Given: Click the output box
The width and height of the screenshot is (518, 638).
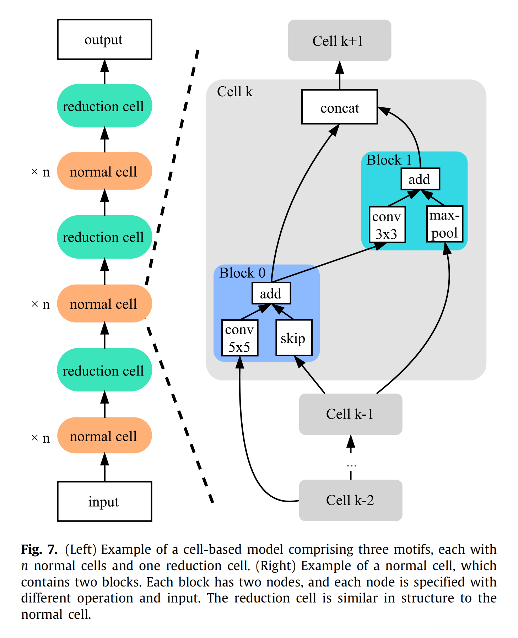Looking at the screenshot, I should (104, 39).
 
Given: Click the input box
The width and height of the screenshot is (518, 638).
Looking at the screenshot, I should (104, 501).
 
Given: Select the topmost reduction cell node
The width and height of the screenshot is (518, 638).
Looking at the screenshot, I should (104, 106).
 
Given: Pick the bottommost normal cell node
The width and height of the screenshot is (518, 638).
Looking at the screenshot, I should (104, 436).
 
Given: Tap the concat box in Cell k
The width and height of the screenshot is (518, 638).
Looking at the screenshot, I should (339, 107).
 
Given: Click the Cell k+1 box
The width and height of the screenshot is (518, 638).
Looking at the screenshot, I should (339, 40).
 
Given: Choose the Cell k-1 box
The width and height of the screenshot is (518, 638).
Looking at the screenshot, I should (350, 414).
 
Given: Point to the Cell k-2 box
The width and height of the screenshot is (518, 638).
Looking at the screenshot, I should (350, 500).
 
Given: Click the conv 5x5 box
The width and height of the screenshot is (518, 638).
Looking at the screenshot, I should (240, 338).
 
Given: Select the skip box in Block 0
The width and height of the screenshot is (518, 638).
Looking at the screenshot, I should (294, 338).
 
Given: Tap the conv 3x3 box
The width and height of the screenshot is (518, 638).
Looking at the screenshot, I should (387, 225).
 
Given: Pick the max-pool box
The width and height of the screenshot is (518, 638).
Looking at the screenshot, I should (444, 224).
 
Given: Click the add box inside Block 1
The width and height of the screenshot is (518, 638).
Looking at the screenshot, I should (420, 179).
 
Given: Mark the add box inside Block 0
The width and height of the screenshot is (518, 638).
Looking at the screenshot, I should (271, 293).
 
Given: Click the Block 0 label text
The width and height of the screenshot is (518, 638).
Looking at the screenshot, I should (242, 273).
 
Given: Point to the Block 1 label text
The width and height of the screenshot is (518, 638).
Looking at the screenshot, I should (389, 160).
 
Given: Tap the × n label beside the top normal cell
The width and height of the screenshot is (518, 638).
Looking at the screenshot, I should (41, 172).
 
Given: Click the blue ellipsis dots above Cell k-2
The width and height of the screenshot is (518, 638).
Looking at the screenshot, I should (351, 465).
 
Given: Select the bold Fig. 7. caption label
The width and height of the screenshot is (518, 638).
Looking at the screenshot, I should (39, 549).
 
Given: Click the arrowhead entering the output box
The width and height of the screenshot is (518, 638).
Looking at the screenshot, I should (104, 66).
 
